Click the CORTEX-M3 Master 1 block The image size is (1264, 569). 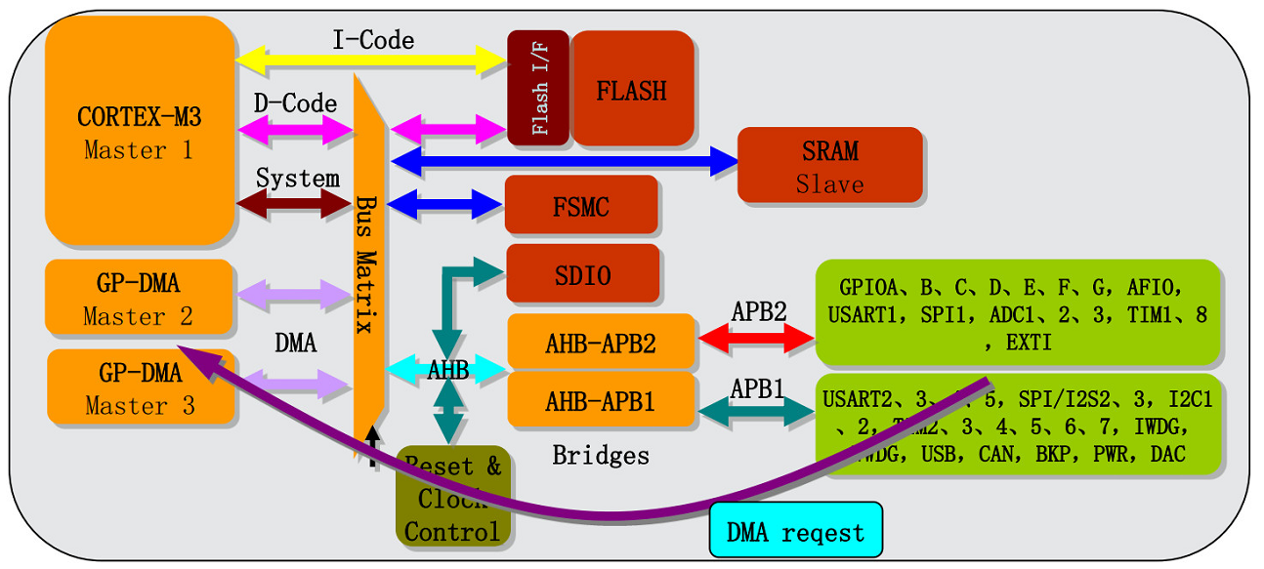click(x=140, y=132)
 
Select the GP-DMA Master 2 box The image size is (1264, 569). click(x=139, y=299)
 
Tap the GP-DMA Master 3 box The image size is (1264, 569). click(x=140, y=387)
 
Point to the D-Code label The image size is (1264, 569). click(x=295, y=103)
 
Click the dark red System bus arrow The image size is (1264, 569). click(x=295, y=203)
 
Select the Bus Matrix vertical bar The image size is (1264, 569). click(x=370, y=264)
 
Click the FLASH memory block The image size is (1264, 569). click(x=632, y=90)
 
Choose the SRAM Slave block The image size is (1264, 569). click(x=829, y=165)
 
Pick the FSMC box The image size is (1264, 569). click(x=580, y=206)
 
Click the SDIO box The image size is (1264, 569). click(x=582, y=274)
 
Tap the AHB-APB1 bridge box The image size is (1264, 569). click(x=601, y=400)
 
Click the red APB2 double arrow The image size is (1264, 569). click(x=756, y=338)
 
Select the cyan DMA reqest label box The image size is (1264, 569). click(x=795, y=532)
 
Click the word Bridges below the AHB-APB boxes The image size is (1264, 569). click(x=600, y=455)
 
